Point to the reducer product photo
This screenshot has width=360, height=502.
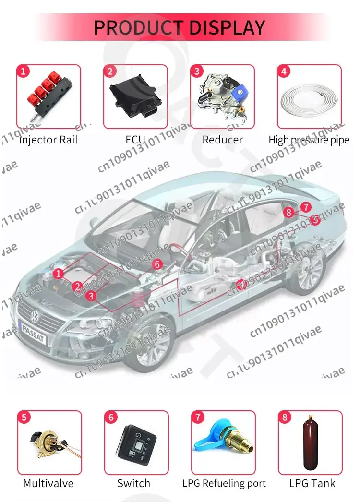[222, 93]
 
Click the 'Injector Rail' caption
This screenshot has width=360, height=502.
[48, 140]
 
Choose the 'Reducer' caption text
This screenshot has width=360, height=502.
[222, 140]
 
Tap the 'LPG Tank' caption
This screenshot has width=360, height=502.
[312, 483]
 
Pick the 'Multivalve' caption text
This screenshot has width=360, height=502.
[48, 483]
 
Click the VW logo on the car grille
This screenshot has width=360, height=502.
[36, 316]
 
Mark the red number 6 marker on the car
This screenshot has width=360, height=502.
[157, 264]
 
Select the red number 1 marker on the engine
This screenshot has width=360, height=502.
[58, 274]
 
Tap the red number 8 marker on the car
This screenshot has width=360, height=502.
[288, 212]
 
